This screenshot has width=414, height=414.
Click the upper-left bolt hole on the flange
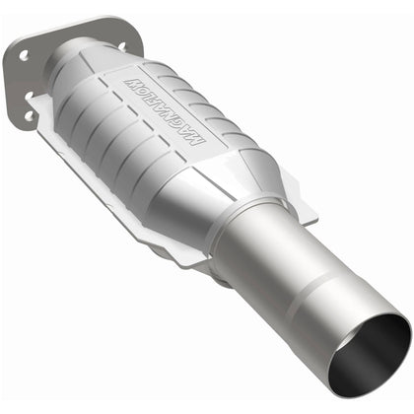point(22,56)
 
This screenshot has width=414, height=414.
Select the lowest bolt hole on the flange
point(29,115)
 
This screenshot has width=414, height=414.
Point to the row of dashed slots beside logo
point(118,138)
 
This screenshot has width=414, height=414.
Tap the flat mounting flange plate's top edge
point(79,22)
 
